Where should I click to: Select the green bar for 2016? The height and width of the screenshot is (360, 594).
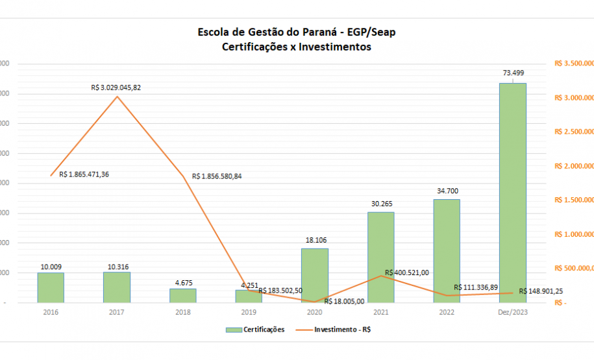pyautogui.click(x=51, y=287)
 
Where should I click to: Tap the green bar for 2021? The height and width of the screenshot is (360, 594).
pyautogui.click(x=380, y=257)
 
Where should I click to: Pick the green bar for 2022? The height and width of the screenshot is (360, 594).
pyautogui.click(x=446, y=250)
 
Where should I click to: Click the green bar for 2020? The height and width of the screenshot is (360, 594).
pyautogui.click(x=315, y=275)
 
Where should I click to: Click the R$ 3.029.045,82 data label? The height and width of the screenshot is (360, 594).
pyautogui.click(x=116, y=87)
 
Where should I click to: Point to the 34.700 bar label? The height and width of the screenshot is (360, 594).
pyautogui.click(x=446, y=191)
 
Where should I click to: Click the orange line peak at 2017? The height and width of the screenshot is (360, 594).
pyautogui.click(x=117, y=97)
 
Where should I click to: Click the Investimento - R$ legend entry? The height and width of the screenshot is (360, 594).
pyautogui.click(x=342, y=330)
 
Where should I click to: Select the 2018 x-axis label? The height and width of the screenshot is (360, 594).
pyautogui.click(x=182, y=311)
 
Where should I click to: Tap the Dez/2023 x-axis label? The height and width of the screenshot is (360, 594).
pyautogui.click(x=512, y=311)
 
